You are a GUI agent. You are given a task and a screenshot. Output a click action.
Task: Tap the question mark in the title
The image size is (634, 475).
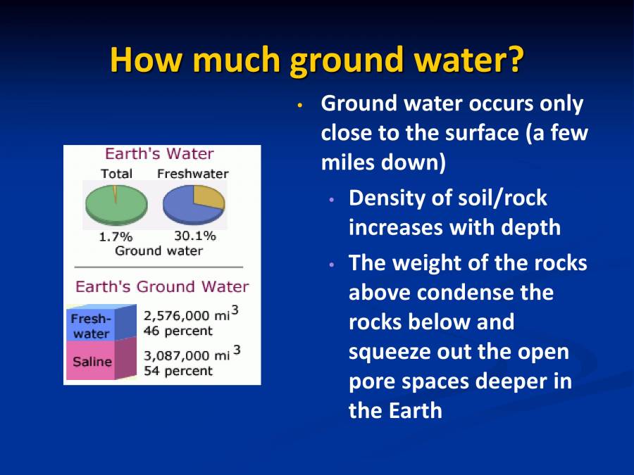coord(515,60)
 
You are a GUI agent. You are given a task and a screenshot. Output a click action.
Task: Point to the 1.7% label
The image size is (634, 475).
coord(116,237)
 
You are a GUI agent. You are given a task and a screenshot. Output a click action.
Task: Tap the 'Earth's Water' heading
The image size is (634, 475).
coord(159,153)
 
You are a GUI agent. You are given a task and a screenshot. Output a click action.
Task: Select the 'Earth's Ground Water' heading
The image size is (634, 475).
coord(162,286)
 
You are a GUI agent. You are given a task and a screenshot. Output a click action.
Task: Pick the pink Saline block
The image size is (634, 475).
coord(92,362)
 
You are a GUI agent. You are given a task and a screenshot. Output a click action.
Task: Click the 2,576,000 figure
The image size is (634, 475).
coord(177,316)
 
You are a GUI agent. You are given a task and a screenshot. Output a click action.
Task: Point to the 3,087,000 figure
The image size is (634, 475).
coord(177,356)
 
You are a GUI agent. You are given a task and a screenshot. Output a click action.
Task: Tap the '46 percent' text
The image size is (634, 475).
coord(178,330)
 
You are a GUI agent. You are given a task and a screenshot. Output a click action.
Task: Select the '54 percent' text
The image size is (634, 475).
coord(178,371)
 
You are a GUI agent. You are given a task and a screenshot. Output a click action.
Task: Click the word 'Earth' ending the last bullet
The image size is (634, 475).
coord(416,411)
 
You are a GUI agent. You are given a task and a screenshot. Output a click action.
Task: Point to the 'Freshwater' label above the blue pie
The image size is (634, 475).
coord(192,173)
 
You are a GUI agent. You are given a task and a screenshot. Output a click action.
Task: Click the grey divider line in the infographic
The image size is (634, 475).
coord(158,267)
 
